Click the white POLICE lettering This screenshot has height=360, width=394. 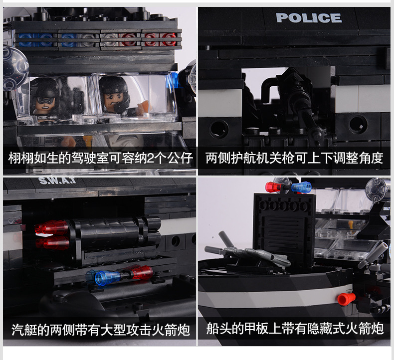point(309,18)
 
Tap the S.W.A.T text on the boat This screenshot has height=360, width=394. point(57,180)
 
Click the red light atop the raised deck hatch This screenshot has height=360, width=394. point(274,187)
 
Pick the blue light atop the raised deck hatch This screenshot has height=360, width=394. point(302,187)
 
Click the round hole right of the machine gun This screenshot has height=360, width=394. point(358,124)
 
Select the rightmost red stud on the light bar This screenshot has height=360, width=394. point(169,40)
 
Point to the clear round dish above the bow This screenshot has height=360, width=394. point(377,189)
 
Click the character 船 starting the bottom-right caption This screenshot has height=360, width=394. point(212,329)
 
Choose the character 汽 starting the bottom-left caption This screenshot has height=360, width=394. point(17,330)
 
